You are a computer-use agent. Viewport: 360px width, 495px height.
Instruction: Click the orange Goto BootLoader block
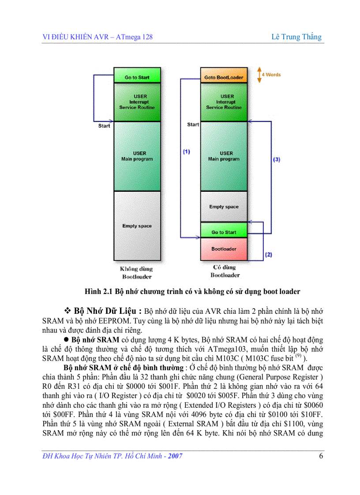[x=224, y=78]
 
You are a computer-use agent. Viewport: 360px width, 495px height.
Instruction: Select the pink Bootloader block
[x=224, y=249]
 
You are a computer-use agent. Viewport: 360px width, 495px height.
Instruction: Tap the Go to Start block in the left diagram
[x=137, y=78]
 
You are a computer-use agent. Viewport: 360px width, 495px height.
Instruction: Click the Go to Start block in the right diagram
[x=224, y=232]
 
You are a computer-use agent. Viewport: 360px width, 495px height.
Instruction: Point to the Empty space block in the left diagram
[x=137, y=226]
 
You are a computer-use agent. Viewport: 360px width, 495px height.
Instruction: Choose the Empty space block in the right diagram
[x=224, y=207]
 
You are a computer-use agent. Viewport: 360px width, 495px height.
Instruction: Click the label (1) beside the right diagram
[x=186, y=152]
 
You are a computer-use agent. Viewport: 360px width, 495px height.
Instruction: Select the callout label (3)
[x=277, y=159]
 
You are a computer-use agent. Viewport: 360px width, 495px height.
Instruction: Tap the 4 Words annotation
[x=271, y=75]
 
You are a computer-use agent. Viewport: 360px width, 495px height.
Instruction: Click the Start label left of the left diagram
[x=104, y=126]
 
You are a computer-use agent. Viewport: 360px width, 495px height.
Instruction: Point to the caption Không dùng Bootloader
[x=137, y=272]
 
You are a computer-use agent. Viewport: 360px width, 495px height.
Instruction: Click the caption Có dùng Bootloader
[x=225, y=271]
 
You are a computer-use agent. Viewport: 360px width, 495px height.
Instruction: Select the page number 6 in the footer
[x=321, y=456]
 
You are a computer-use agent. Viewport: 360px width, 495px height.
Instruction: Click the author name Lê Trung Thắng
[x=296, y=37]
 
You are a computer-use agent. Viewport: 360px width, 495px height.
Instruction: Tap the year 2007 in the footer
[x=174, y=456]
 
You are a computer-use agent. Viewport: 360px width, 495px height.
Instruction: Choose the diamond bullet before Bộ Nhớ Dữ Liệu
[x=67, y=308]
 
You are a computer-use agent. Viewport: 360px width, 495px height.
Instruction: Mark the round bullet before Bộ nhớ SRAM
[x=67, y=340]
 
